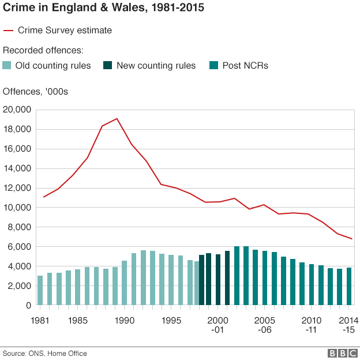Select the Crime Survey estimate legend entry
pos(58,30)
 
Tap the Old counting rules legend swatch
pos(7,65)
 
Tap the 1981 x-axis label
pos(40,320)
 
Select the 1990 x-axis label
pos(124,320)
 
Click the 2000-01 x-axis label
pos(217,325)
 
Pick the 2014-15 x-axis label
pos(348,325)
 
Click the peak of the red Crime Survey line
pos(117,119)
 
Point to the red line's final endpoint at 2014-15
pos(351,239)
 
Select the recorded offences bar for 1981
pos(40,291)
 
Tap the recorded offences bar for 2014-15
pos(349,287)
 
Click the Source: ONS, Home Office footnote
pos(45,353)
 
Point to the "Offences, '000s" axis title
pos(36,92)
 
